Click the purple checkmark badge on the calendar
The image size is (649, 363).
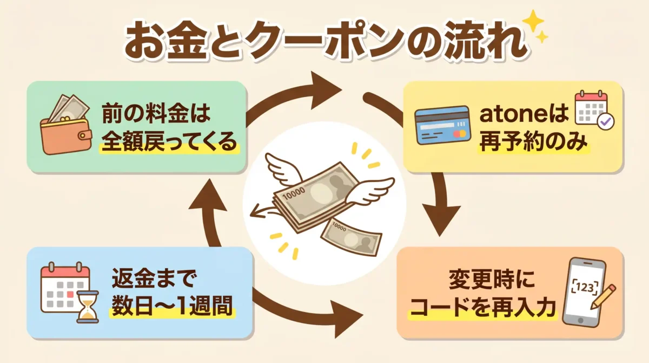[606, 122]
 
